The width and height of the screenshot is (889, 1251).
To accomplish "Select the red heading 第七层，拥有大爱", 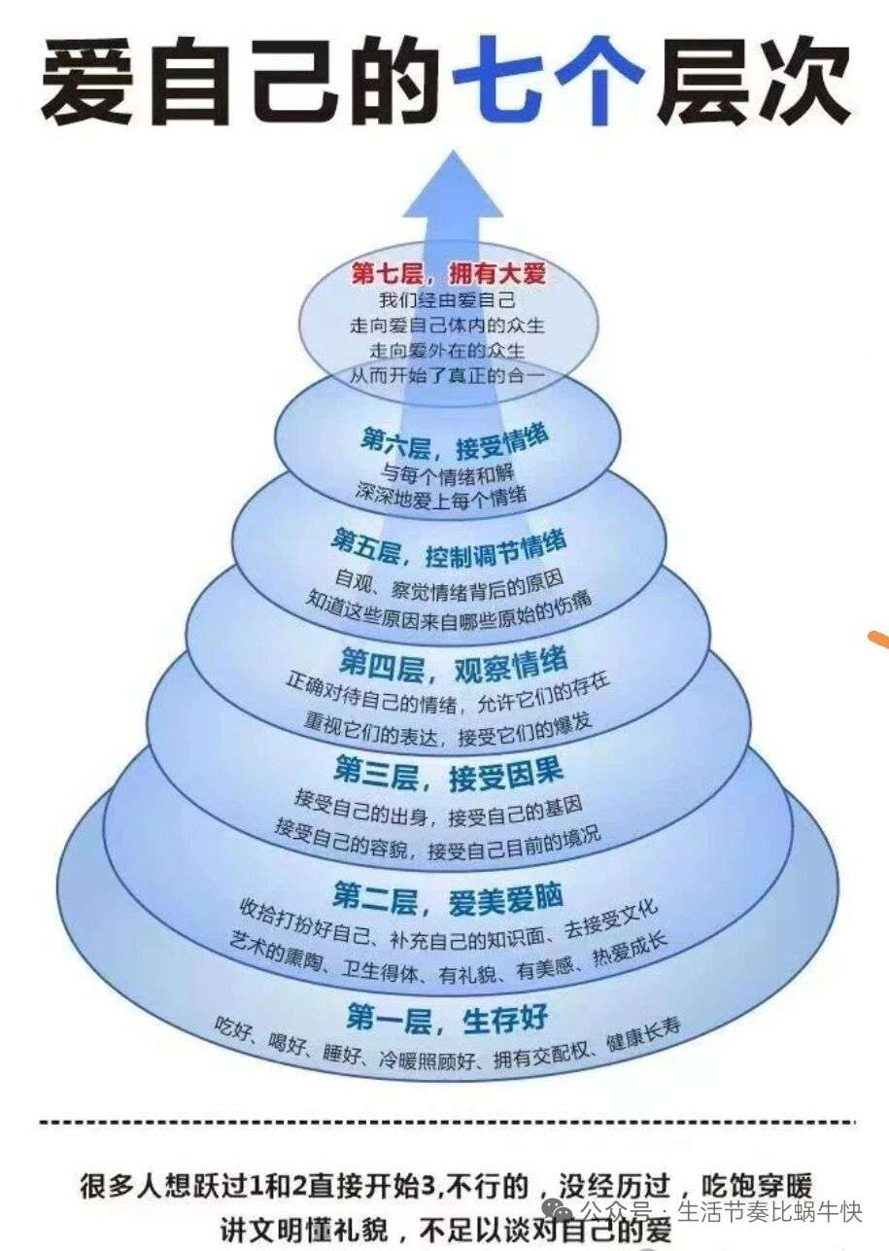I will (449, 273).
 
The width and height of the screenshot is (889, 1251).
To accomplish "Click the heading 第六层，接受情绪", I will (454, 440).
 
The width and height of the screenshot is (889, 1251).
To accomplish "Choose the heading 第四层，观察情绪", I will (453, 666).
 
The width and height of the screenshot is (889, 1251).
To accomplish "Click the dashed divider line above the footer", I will (447, 1123).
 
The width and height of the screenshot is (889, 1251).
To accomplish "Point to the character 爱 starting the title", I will (86, 75).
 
